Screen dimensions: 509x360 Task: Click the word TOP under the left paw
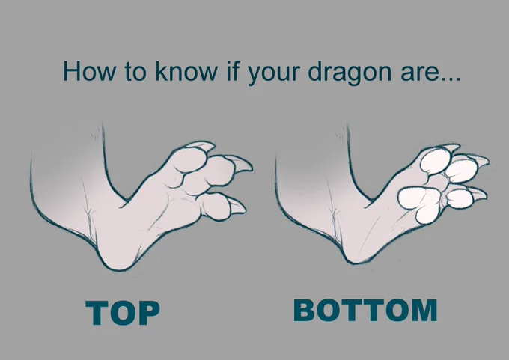pyautogui.click(x=123, y=312)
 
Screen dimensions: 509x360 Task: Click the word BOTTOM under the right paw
pyautogui.click(x=365, y=311)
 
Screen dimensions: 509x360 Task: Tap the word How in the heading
pyautogui.click(x=89, y=71)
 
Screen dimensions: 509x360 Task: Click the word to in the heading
pyautogui.click(x=135, y=71)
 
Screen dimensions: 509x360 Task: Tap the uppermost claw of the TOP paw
pyautogui.click(x=203, y=147)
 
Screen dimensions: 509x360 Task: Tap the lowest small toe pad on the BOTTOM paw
pyautogui.click(x=460, y=198)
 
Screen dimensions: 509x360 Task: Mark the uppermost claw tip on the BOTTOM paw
pyautogui.click(x=458, y=146)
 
